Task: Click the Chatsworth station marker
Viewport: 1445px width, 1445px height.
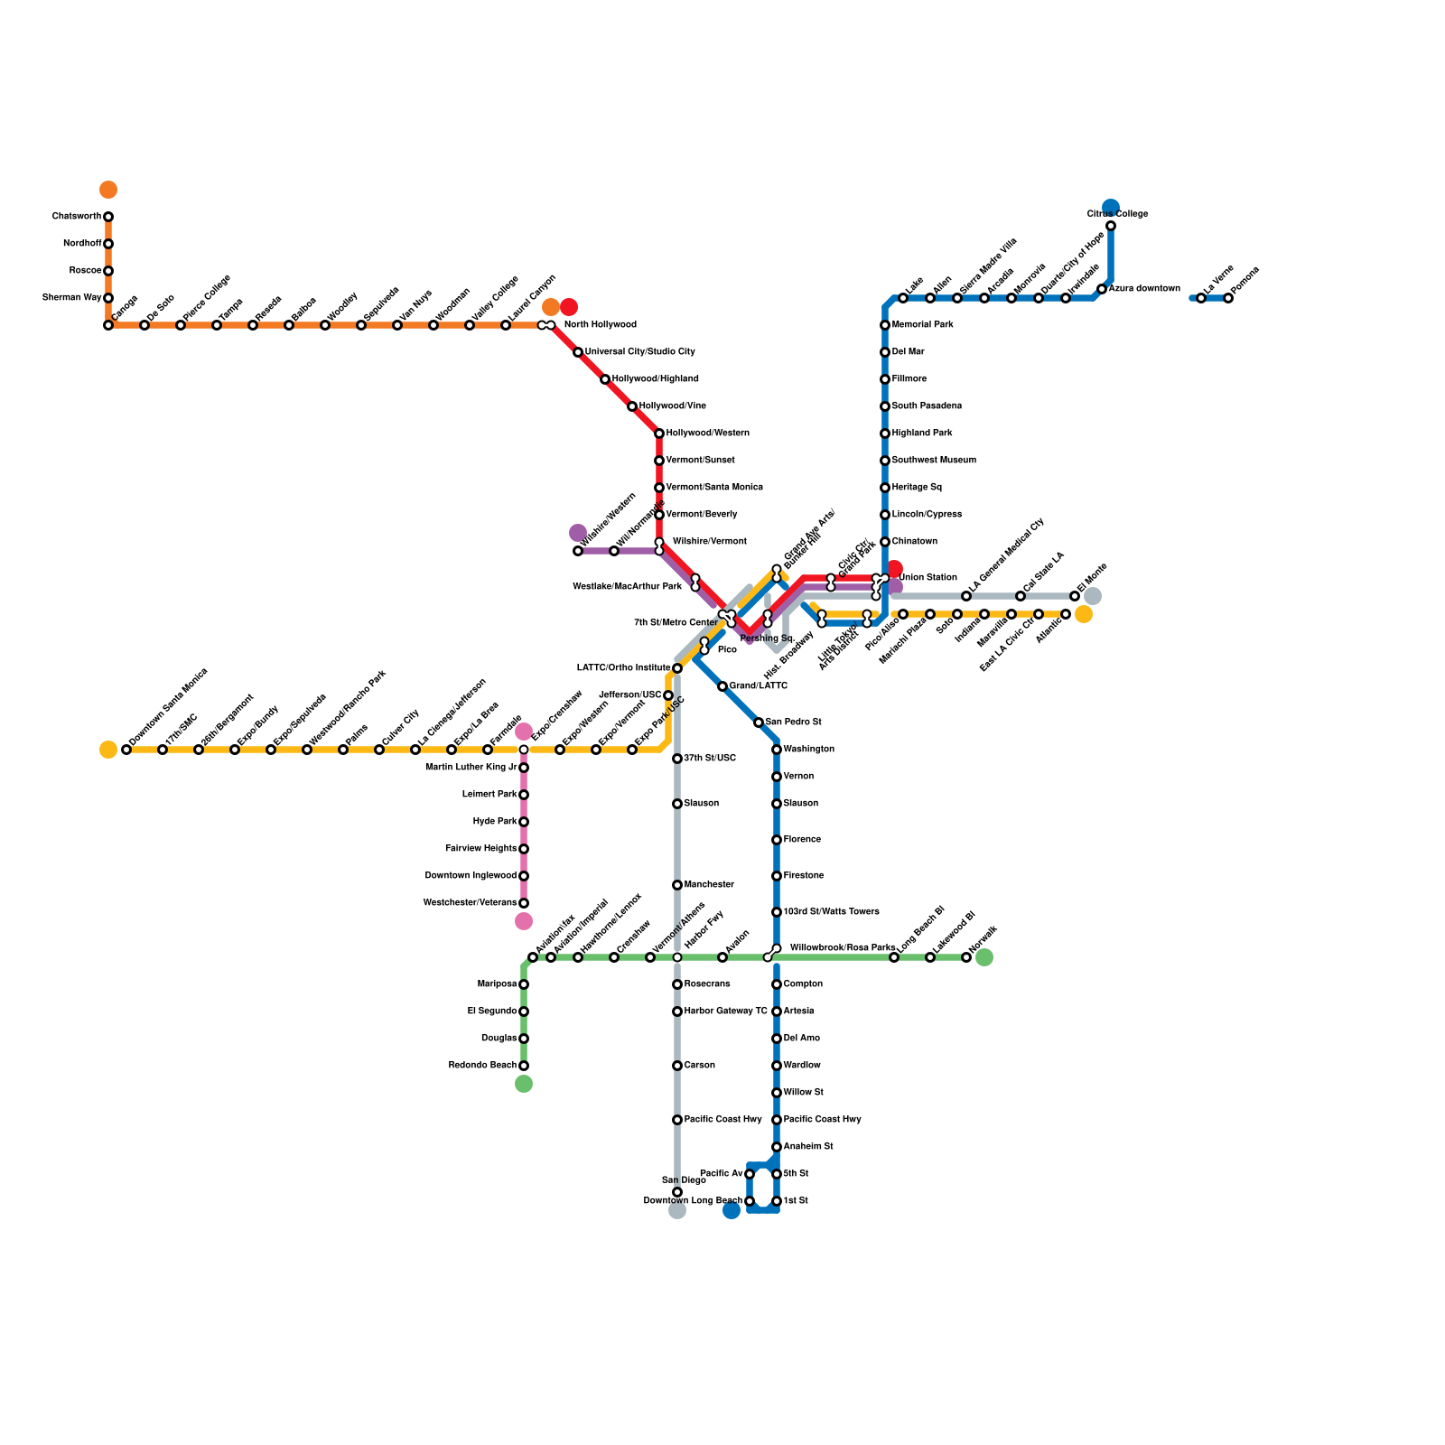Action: (108, 217)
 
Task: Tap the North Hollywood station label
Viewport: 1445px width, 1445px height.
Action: (600, 325)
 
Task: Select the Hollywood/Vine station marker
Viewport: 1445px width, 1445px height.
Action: (632, 406)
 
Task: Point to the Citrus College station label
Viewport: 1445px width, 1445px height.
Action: (1117, 214)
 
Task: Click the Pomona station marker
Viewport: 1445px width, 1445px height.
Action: (1228, 298)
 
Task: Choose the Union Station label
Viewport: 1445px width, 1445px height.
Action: (928, 578)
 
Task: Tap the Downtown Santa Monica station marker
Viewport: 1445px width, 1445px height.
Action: (126, 750)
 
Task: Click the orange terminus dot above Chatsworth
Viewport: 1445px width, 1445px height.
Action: (108, 190)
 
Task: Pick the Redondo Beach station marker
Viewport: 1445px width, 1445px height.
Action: (524, 1066)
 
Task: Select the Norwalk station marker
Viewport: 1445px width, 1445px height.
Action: (966, 957)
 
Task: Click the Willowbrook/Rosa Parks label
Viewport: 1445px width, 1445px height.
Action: (843, 948)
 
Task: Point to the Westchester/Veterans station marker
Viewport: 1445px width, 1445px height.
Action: (524, 903)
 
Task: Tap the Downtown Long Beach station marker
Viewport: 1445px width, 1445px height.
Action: (750, 1201)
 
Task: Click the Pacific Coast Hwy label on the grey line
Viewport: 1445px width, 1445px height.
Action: (722, 1120)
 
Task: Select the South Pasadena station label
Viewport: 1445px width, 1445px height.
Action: (927, 406)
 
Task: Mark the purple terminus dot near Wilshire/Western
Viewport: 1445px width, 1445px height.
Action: (578, 533)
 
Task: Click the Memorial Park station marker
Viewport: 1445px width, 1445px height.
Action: (885, 325)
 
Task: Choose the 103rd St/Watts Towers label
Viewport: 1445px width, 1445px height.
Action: (831, 912)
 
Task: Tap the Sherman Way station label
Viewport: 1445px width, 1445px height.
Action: (71, 298)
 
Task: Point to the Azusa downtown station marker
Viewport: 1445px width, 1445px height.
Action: (1102, 289)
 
